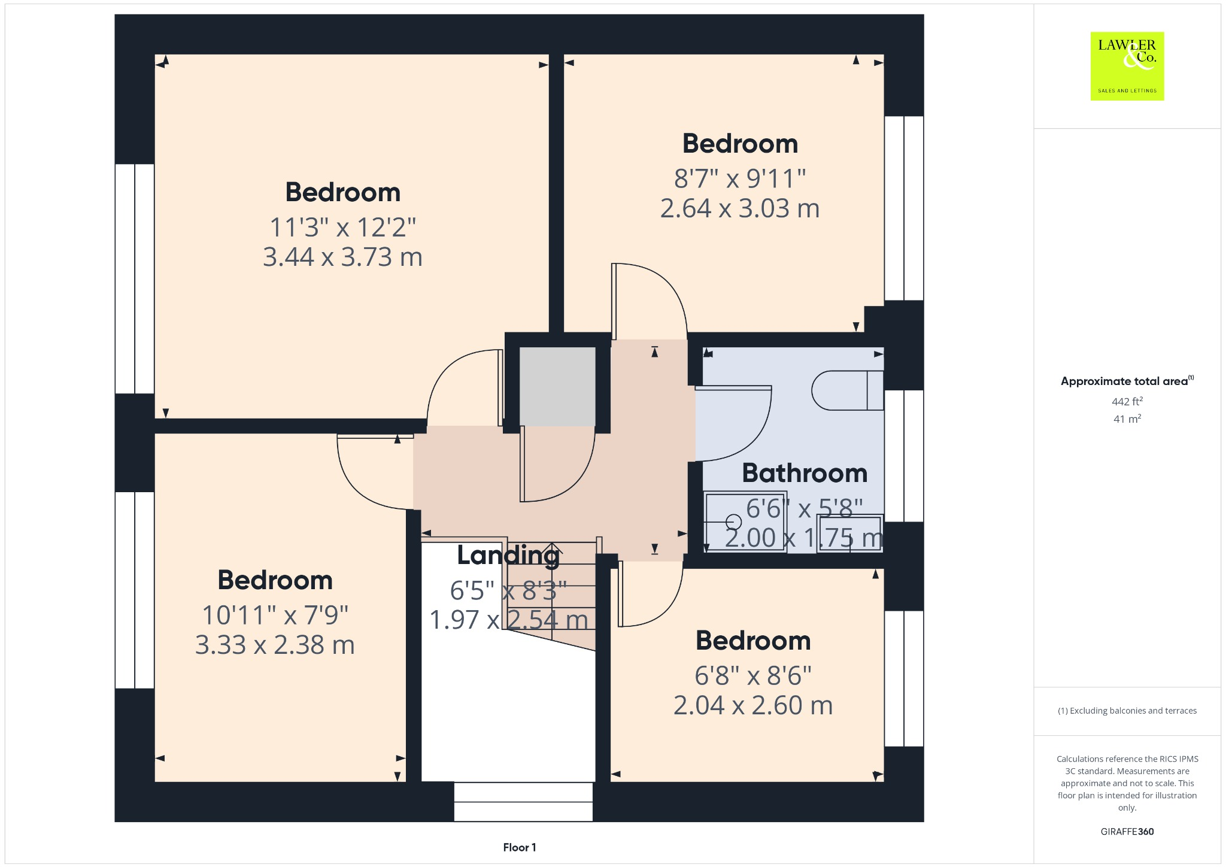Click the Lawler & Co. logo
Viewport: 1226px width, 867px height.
(x=1127, y=66)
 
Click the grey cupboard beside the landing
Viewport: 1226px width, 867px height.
(x=557, y=386)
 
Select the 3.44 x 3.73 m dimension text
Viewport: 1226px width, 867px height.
(x=342, y=257)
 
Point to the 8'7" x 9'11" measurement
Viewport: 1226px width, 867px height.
(x=740, y=178)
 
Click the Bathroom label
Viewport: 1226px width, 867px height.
(x=805, y=473)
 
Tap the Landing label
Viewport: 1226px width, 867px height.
(x=508, y=555)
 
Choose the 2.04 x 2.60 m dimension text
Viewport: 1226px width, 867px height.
(x=753, y=705)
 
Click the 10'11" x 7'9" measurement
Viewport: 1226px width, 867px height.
(x=275, y=615)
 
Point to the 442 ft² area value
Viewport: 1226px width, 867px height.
(x=1127, y=401)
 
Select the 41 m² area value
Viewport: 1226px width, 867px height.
(x=1127, y=419)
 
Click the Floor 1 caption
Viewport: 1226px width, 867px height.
(x=520, y=847)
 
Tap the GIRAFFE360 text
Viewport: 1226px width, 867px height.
(x=1127, y=832)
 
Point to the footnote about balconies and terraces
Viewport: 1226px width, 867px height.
(x=1127, y=711)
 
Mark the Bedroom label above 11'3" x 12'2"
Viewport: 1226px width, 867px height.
(x=342, y=192)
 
